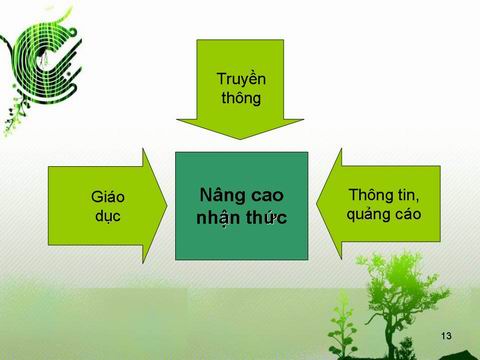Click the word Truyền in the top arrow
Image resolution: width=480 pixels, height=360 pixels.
(x=241, y=80)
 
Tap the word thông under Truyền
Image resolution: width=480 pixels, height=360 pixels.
(x=241, y=98)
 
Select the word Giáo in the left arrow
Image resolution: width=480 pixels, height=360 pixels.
(x=108, y=197)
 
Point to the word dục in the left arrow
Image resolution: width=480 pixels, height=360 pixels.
(x=108, y=216)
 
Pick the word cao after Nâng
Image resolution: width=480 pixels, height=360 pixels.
(x=267, y=196)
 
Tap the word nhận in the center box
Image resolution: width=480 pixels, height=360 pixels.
(x=218, y=218)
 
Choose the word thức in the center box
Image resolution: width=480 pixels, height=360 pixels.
(x=267, y=217)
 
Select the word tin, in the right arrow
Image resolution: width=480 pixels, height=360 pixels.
(x=407, y=195)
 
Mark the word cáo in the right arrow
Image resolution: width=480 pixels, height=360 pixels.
(x=408, y=214)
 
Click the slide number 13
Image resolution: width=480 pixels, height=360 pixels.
(x=446, y=336)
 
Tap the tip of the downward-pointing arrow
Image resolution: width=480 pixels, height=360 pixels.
(x=240, y=139)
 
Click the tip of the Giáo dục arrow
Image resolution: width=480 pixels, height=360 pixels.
(x=167, y=206)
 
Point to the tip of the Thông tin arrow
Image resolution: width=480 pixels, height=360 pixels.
(x=316, y=204)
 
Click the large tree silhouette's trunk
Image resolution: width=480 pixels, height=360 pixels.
(x=389, y=333)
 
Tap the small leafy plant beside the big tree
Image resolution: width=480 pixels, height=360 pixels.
(x=342, y=327)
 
